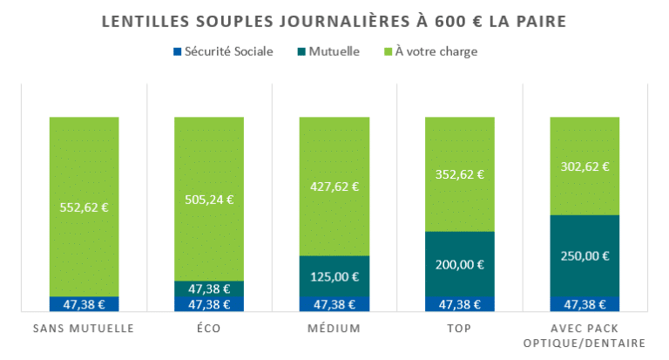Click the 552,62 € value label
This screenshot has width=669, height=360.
pos(84,207)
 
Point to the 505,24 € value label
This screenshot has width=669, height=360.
pos(209,199)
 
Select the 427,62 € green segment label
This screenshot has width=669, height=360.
pos(334,186)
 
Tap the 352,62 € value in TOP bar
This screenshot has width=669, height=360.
pos(459,173)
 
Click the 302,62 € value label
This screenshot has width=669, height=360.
pos(585,166)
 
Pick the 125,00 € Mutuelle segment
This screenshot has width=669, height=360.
pos(334,276)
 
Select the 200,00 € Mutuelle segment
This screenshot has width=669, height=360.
pos(459,264)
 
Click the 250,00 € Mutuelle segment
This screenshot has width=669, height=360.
pos(585,255)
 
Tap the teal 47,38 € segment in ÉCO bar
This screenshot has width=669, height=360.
pos(209,289)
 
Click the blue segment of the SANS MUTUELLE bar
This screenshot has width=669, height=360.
pos(84,303)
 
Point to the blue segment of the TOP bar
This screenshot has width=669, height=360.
pos(459,303)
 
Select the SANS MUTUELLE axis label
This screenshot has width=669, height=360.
pos(84,329)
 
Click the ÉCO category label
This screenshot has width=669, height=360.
pos(209,329)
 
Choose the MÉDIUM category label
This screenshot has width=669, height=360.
pos(334,329)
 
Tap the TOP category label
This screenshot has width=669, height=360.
pos(459,329)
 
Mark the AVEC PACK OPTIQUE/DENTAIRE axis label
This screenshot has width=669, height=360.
pos(585,336)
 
